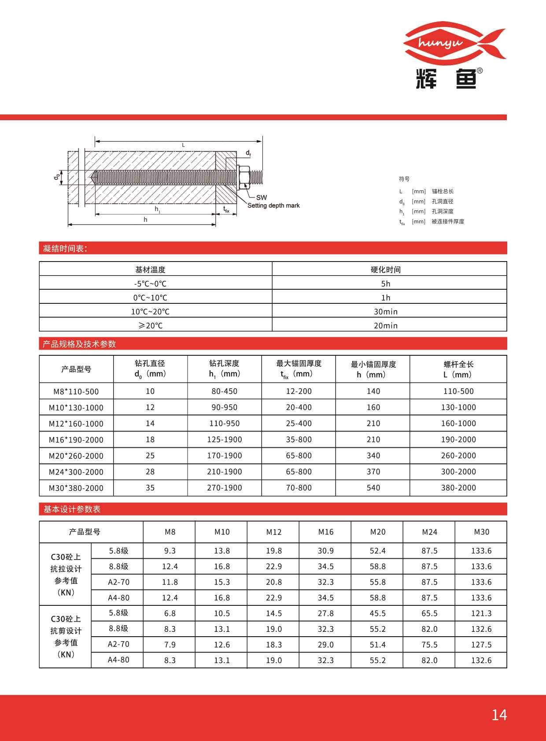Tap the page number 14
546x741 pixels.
pyautogui.click(x=499, y=715)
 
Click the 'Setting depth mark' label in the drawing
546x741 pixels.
pyautogui.click(x=273, y=206)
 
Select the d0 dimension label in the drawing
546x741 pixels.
pyautogui.click(x=57, y=177)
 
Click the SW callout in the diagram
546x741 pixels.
pyautogui.click(x=262, y=197)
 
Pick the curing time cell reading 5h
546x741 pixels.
pyautogui.click(x=385, y=284)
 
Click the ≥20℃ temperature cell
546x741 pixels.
pyautogui.click(x=151, y=326)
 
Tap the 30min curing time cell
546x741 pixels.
pyautogui.click(x=385, y=312)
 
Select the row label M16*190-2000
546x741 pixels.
pyautogui.click(x=76, y=440)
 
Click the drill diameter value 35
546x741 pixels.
pyautogui.click(x=150, y=488)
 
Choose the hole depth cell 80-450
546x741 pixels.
pyautogui.click(x=224, y=391)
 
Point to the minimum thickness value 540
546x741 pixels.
pyautogui.click(x=373, y=488)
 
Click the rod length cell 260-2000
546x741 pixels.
pyautogui.click(x=458, y=456)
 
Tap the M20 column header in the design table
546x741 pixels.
pyautogui.click(x=377, y=532)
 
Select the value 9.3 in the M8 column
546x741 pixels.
pyautogui.click(x=170, y=551)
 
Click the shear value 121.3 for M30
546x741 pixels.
pyautogui.click(x=481, y=613)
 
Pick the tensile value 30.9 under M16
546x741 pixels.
pyautogui.click(x=325, y=551)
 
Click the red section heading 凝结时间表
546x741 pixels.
pyautogui.click(x=65, y=248)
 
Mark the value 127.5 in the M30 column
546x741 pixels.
pyautogui.click(x=481, y=645)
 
